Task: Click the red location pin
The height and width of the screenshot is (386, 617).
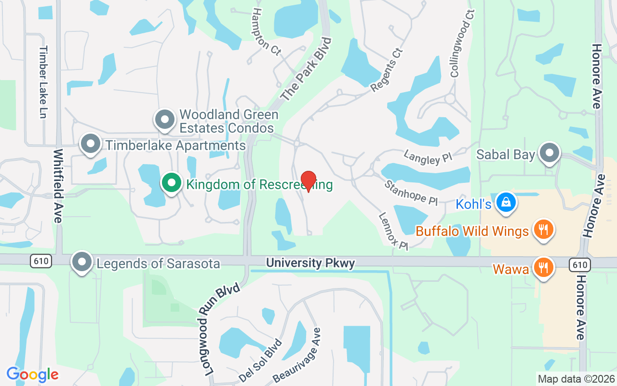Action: pyautogui.click(x=308, y=181)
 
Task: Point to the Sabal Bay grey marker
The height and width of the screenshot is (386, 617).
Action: pyautogui.click(x=549, y=153)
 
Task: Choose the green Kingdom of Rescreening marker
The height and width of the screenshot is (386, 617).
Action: pyautogui.click(x=171, y=183)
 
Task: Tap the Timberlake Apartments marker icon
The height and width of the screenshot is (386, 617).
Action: pyautogui.click(x=90, y=144)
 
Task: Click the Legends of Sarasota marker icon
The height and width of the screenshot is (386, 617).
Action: pyautogui.click(x=82, y=262)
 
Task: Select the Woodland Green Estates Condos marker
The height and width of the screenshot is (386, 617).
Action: pyautogui.click(x=164, y=119)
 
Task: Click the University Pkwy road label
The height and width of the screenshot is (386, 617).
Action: pyautogui.click(x=310, y=263)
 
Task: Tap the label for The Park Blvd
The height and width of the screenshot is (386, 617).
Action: pyautogui.click(x=307, y=69)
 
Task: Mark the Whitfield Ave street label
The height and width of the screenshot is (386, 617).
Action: pyautogui.click(x=58, y=186)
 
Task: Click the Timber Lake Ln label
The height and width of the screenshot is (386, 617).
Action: pyautogui.click(x=44, y=82)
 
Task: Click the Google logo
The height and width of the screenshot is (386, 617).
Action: pyautogui.click(x=33, y=374)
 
